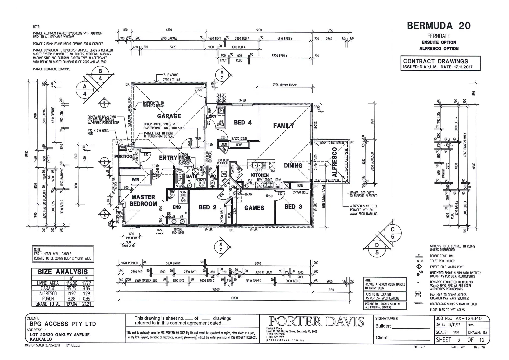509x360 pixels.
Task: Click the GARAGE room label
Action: point(169,116)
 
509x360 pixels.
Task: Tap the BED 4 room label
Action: point(243,123)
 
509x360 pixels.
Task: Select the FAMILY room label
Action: point(284,126)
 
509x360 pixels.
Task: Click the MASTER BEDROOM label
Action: point(143,200)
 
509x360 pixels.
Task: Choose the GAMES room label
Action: point(254,208)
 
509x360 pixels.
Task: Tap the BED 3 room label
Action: point(293,207)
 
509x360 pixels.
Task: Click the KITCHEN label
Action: point(260,175)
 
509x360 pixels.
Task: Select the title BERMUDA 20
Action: point(439,26)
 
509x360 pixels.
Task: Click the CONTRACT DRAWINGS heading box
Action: point(441,63)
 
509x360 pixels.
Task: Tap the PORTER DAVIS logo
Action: point(316,322)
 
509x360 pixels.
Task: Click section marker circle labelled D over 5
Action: point(377,249)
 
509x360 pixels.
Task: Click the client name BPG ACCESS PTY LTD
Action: point(63,324)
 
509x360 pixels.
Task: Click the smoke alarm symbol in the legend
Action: point(418,274)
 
